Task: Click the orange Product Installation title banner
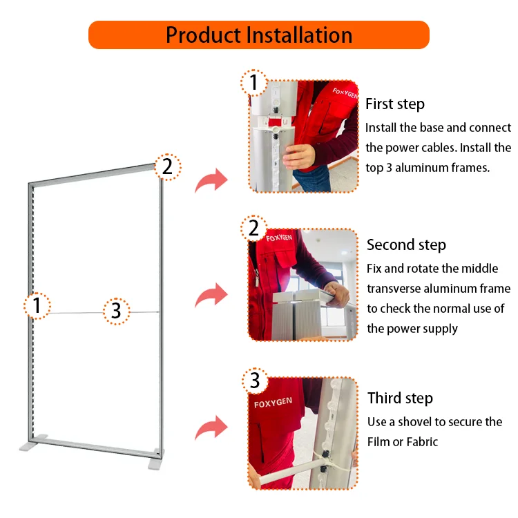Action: (258, 35)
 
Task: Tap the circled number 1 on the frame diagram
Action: (37, 305)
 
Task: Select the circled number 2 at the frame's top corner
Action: (167, 166)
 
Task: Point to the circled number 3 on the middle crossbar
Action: (116, 311)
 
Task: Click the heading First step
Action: (394, 104)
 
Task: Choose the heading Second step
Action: (406, 245)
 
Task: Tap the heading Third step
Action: (400, 399)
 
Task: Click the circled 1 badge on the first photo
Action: (254, 83)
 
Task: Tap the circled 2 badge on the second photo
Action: (254, 227)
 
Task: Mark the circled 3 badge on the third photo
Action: (255, 381)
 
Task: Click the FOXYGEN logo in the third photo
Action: (274, 403)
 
